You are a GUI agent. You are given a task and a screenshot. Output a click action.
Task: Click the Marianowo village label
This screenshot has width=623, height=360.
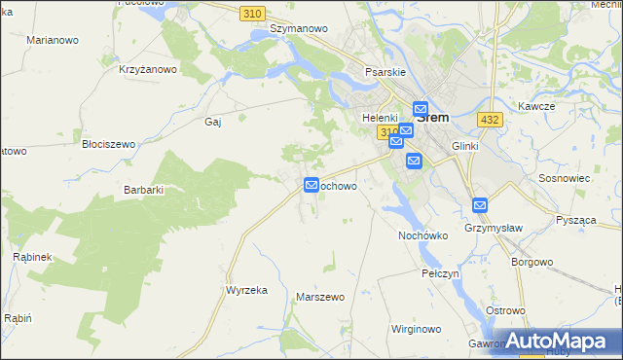[x=52, y=40]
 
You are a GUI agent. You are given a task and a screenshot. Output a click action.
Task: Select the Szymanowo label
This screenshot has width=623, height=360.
[x=298, y=28]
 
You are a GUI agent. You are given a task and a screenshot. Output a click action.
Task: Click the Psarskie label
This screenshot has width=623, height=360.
[x=384, y=72]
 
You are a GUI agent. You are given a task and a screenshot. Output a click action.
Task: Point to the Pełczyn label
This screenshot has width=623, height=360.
[x=440, y=274]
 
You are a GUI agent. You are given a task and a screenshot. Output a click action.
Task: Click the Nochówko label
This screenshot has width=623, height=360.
[x=422, y=235]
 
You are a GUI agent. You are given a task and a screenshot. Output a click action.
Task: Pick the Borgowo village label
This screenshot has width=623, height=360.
[x=532, y=262]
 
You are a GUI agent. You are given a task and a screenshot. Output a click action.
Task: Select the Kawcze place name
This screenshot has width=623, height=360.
[x=536, y=105]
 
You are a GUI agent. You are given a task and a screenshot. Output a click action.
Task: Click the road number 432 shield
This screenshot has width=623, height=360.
[x=490, y=119]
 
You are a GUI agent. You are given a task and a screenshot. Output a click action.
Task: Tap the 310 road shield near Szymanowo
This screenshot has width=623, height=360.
[x=253, y=12]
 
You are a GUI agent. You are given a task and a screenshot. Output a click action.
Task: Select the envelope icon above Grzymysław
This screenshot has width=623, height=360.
[x=480, y=205]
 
